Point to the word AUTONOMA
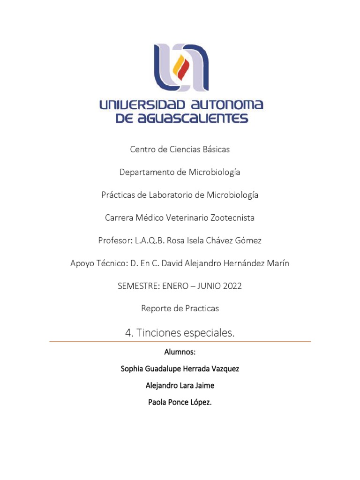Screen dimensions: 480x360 228,105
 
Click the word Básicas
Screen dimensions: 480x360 215,150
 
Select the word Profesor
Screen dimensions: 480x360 115,240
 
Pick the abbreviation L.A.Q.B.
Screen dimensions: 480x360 148,240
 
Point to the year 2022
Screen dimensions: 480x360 230,285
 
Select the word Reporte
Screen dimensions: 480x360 156,308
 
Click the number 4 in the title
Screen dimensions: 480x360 129,333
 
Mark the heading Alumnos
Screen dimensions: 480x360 180,352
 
